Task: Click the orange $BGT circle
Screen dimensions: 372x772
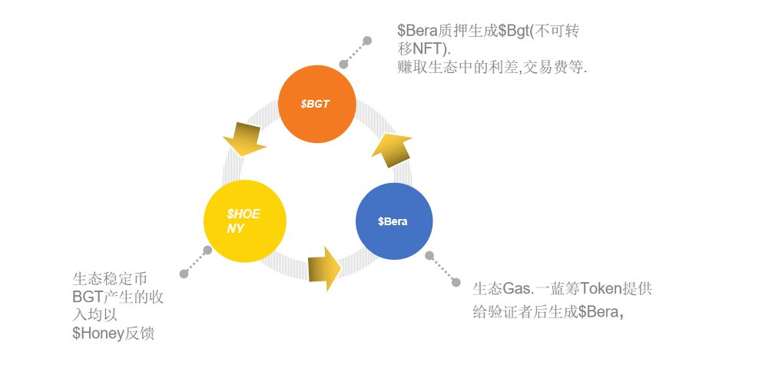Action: click(316, 105)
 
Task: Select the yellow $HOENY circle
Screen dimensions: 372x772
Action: click(244, 221)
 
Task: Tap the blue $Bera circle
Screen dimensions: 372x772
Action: click(394, 221)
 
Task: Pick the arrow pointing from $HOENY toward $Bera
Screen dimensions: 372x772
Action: click(324, 268)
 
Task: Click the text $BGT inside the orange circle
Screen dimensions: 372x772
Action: click(316, 104)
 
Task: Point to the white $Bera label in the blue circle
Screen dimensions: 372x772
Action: click(393, 221)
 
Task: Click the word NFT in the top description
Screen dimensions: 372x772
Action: click(429, 48)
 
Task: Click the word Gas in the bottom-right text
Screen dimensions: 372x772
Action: click(517, 290)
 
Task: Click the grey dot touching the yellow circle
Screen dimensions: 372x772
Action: click(207, 251)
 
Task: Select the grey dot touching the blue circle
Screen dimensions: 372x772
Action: click(429, 255)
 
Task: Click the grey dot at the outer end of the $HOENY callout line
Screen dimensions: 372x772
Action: click(183, 274)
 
